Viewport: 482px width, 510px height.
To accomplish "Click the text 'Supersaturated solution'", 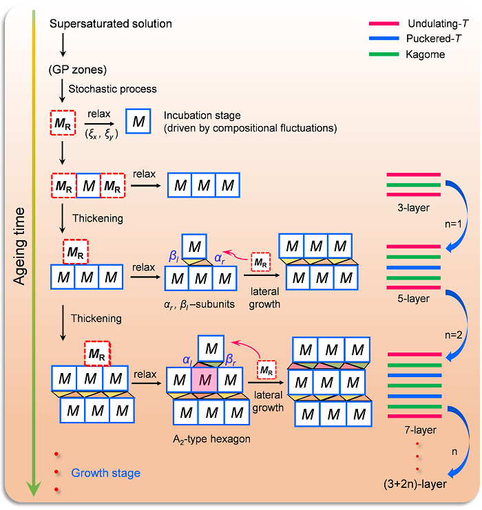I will [x=111, y=24].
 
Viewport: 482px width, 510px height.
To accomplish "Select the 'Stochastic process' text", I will [x=112, y=89].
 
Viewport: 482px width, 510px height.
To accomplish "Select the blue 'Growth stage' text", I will [x=105, y=473].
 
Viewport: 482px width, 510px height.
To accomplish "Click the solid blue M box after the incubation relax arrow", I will [x=138, y=122].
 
